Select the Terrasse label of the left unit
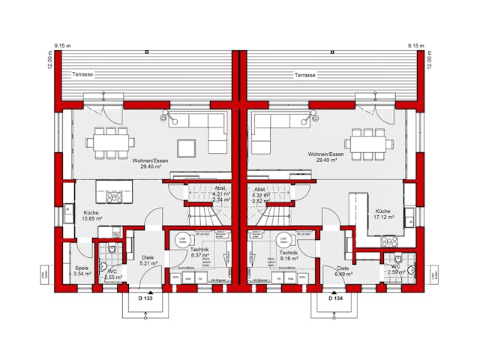pyautogui.click(x=83, y=76)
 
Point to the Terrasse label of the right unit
pyautogui.click(x=304, y=76)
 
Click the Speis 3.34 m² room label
pyautogui.click(x=82, y=271)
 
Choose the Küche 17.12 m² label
pyautogui.click(x=383, y=214)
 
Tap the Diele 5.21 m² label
pyautogui.click(x=148, y=261)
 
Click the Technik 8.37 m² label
pyautogui.click(x=199, y=251)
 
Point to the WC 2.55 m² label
pyautogui.click(x=112, y=274)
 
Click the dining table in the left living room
pyautogui.click(x=106, y=142)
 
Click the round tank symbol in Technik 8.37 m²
pyautogui.click(x=181, y=240)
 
